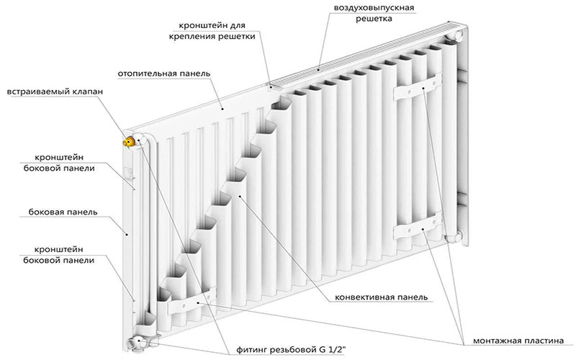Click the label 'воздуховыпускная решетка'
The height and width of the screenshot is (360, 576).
(x=373, y=13)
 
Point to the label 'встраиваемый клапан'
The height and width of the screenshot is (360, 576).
(x=55, y=92)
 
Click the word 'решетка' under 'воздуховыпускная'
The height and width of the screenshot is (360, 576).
(x=373, y=19)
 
